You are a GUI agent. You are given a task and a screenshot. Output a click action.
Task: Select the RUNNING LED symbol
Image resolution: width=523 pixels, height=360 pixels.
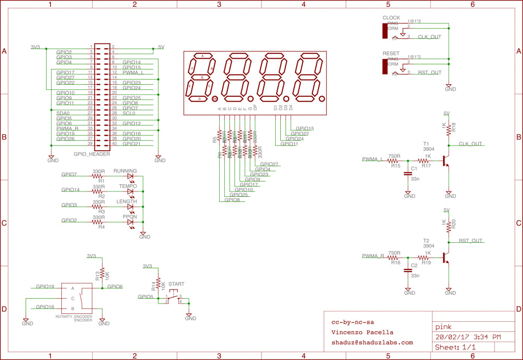(130, 177)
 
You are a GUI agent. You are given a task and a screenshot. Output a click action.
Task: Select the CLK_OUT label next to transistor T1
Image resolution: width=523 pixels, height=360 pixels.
(470, 144)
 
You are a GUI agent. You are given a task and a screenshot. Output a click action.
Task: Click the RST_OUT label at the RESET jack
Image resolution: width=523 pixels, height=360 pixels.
(429, 73)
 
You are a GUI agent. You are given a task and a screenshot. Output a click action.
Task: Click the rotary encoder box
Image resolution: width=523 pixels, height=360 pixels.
(78, 298)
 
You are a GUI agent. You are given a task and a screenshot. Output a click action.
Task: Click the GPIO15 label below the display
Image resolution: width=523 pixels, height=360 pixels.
(304, 128)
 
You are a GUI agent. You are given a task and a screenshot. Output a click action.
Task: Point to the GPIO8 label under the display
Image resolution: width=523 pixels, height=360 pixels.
(232, 199)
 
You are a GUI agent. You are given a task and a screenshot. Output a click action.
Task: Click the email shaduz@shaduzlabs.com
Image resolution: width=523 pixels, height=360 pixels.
(372, 343)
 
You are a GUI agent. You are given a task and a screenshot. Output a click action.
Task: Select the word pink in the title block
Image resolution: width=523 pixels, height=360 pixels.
(444, 327)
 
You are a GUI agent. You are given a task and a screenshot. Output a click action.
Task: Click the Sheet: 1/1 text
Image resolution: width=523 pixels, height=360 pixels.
(456, 347)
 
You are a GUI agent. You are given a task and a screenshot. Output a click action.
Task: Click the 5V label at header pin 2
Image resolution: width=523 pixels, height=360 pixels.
(161, 47)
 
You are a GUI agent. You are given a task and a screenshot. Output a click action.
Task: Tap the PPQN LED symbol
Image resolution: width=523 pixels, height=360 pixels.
(130, 222)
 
